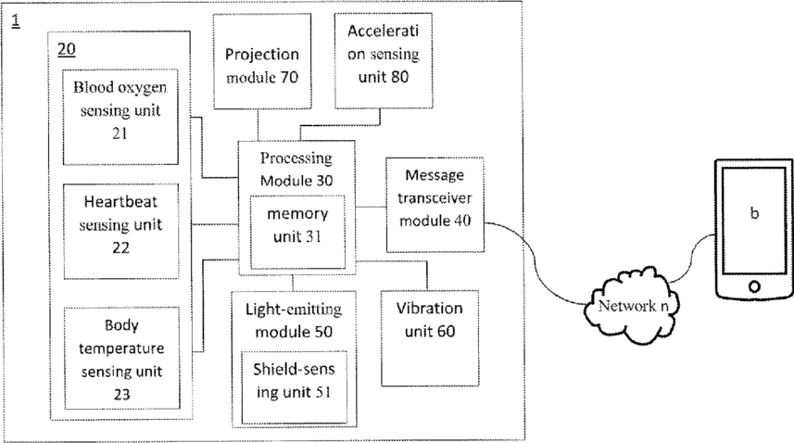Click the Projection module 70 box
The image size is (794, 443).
(x=262, y=61)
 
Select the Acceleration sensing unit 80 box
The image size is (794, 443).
(x=384, y=61)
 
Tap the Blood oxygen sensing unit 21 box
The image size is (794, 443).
(x=120, y=117)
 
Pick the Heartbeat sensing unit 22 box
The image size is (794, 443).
(x=121, y=232)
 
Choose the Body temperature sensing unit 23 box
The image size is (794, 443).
(x=121, y=359)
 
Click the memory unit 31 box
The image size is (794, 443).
(x=297, y=232)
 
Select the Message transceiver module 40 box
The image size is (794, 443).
(x=435, y=205)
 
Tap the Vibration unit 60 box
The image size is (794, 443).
(x=429, y=338)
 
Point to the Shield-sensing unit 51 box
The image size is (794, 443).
(x=295, y=387)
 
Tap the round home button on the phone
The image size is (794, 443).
(x=754, y=286)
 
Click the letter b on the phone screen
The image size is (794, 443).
(x=754, y=213)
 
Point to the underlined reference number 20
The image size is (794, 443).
(x=67, y=50)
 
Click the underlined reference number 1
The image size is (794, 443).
(x=16, y=20)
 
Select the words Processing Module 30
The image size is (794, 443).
(x=296, y=169)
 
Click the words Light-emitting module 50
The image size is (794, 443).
(x=294, y=320)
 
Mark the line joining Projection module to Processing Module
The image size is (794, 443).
(x=258, y=124)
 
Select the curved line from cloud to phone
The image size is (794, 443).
(x=692, y=258)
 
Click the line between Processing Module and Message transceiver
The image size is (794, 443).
(x=371, y=207)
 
